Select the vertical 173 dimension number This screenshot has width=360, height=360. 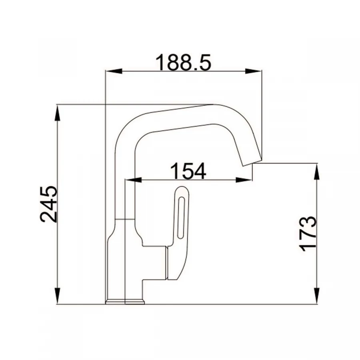point(308,234)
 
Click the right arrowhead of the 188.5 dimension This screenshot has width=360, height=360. point(254,72)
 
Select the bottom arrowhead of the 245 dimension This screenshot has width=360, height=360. point(58,296)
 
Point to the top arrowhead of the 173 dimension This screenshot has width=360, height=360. point(317,172)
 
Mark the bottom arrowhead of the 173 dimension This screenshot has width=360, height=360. point(317,296)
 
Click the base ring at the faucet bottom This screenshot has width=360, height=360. point(125,301)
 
